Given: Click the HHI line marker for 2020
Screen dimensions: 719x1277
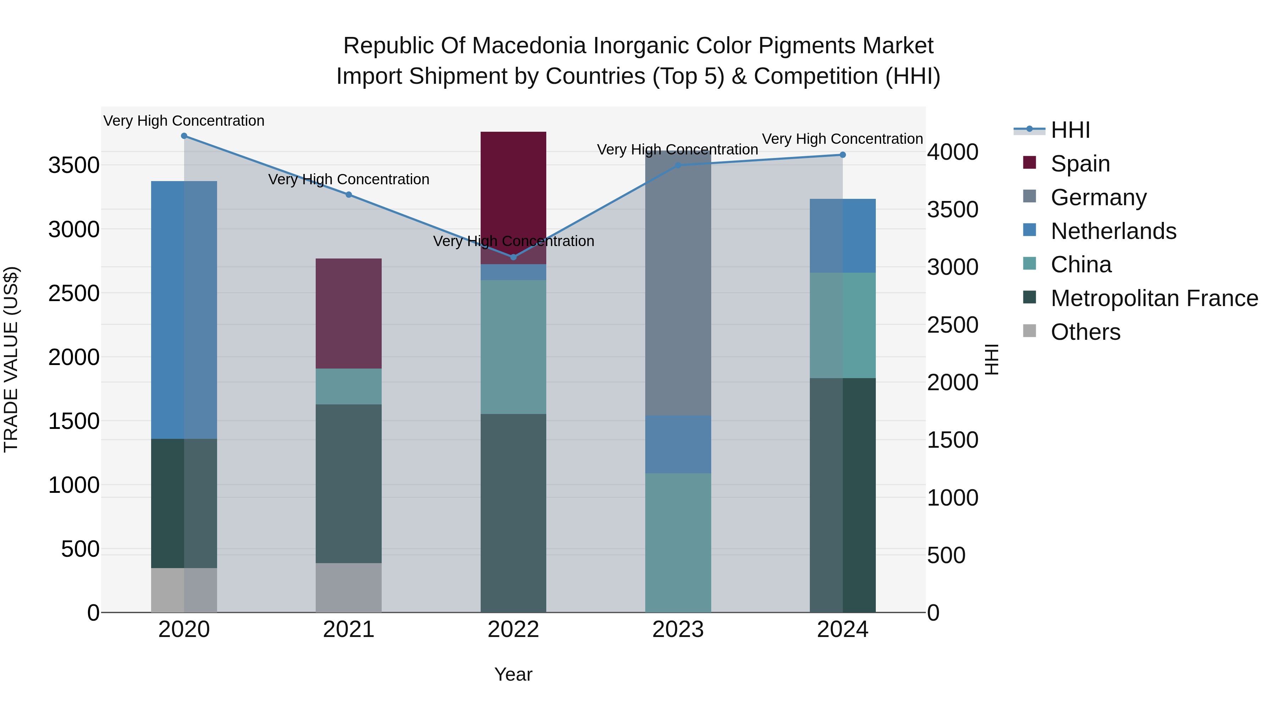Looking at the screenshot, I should click(184, 136).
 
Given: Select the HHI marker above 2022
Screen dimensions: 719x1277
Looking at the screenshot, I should click(513, 257).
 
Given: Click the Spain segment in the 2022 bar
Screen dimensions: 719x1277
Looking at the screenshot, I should click(513, 194).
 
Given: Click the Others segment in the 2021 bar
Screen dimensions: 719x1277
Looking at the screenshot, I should click(348, 588).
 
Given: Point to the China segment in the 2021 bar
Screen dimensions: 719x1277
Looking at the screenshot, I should click(348, 387).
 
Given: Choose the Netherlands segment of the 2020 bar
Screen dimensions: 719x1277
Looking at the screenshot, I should click(184, 310).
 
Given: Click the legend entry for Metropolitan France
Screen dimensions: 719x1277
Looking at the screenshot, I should click(1154, 298).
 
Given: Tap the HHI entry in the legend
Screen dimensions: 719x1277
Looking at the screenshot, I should click(1070, 130).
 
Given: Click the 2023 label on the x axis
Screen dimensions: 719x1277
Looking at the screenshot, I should click(678, 630).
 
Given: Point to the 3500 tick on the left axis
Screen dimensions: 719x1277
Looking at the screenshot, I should click(74, 165).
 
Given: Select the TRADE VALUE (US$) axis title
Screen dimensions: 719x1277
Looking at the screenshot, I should click(11, 359).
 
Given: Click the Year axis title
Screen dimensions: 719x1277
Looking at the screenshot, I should click(513, 674).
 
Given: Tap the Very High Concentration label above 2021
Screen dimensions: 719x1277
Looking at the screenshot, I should click(348, 179).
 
